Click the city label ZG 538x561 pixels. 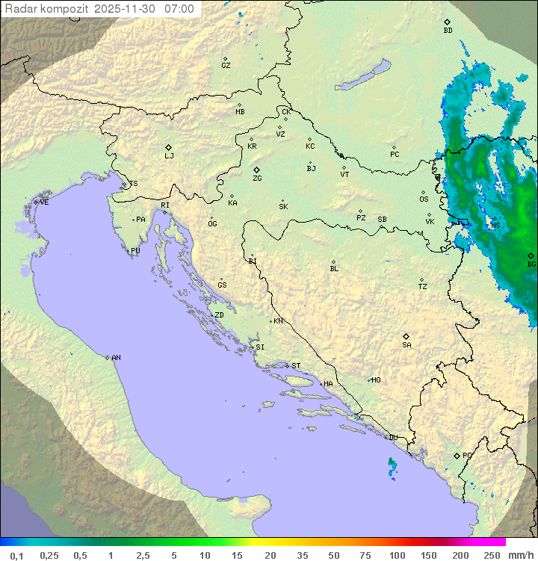[x=257, y=179]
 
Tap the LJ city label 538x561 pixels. [x=169, y=156]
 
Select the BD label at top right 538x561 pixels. [x=448, y=31]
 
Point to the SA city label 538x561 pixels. [x=406, y=345]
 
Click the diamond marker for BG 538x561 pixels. [x=531, y=255]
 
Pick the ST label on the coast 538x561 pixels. [x=296, y=366]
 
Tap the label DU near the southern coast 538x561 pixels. [x=393, y=438]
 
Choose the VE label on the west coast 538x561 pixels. [x=44, y=202]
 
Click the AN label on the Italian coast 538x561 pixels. [x=116, y=358]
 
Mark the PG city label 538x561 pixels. [x=467, y=456]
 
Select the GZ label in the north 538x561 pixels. [x=226, y=66]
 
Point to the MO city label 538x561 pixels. [x=376, y=380]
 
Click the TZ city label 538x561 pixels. [x=423, y=287]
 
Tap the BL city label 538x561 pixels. [x=334, y=269]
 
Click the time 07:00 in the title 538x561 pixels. [x=179, y=9]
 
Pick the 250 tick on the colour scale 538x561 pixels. [x=491, y=555]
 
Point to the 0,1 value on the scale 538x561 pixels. [x=16, y=555]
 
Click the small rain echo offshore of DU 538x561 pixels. [x=392, y=466]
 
